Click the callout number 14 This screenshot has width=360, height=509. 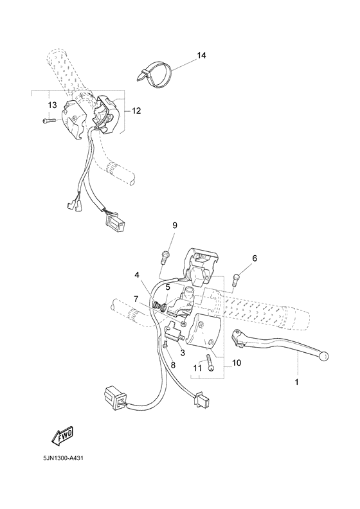click(201, 56)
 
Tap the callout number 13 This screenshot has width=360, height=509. click(51, 105)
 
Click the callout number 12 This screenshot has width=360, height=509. click(136, 111)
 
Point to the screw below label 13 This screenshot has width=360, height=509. click(49, 120)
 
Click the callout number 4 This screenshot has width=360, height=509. click(137, 276)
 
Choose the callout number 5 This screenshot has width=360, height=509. click(168, 287)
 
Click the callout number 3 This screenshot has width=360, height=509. click(183, 353)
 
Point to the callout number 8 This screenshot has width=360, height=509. click(172, 365)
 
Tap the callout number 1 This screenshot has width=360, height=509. click(297, 382)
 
